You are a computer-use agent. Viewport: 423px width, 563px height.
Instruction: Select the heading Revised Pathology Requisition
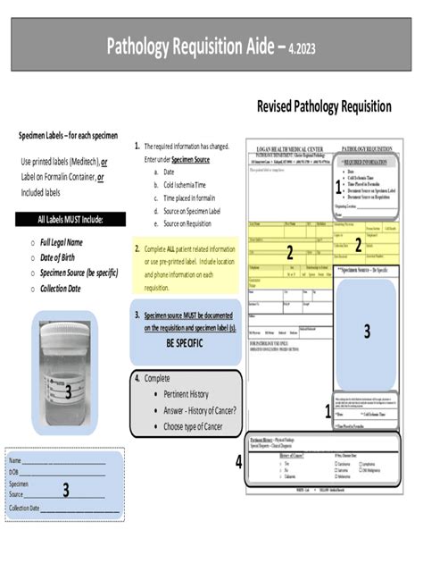click(x=324, y=106)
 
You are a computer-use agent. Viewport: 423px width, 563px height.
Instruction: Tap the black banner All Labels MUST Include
click(x=70, y=219)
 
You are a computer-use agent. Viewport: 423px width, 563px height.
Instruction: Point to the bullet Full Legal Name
click(x=61, y=242)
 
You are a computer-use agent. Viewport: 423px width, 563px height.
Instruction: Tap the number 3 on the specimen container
click(x=68, y=391)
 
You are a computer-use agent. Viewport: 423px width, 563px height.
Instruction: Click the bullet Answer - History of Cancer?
click(x=200, y=410)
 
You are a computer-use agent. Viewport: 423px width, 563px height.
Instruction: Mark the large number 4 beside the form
click(x=238, y=462)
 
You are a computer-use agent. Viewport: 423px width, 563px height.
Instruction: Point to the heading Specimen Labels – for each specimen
click(x=68, y=135)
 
